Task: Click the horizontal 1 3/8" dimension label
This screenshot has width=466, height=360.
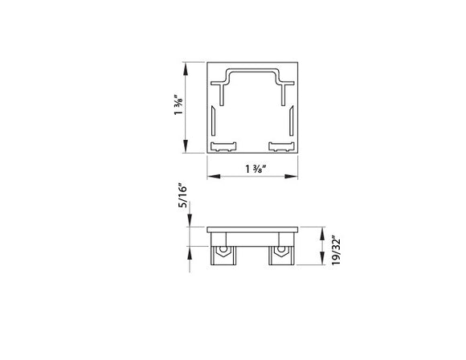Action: (255, 170)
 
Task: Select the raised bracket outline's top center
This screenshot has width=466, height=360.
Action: (254, 72)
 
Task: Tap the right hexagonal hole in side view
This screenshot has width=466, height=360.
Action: (281, 253)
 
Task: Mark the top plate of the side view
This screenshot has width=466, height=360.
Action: (254, 229)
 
